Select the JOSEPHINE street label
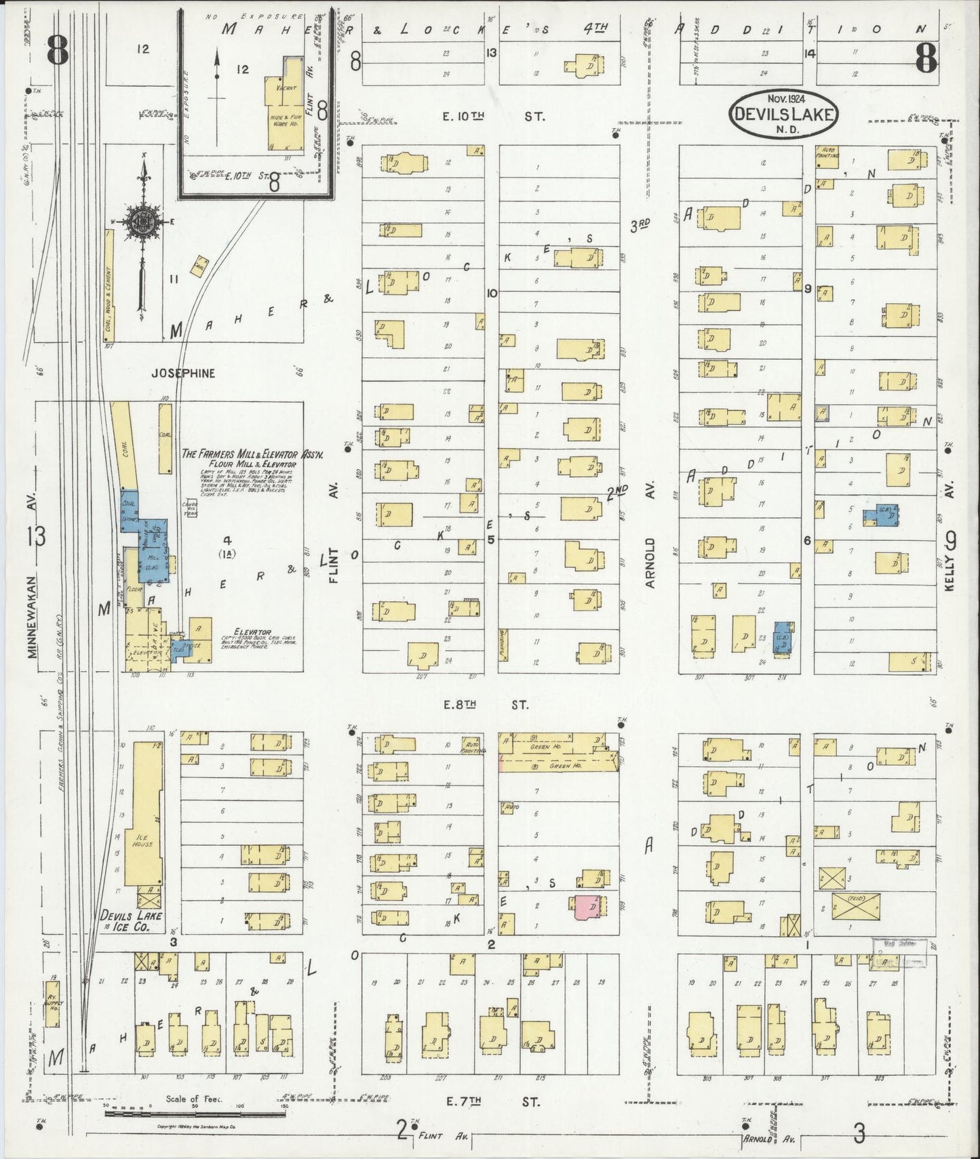pyautogui.click(x=183, y=373)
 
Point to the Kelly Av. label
pyautogui.click(x=950, y=563)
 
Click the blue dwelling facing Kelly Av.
pyautogui.click(x=882, y=515)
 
